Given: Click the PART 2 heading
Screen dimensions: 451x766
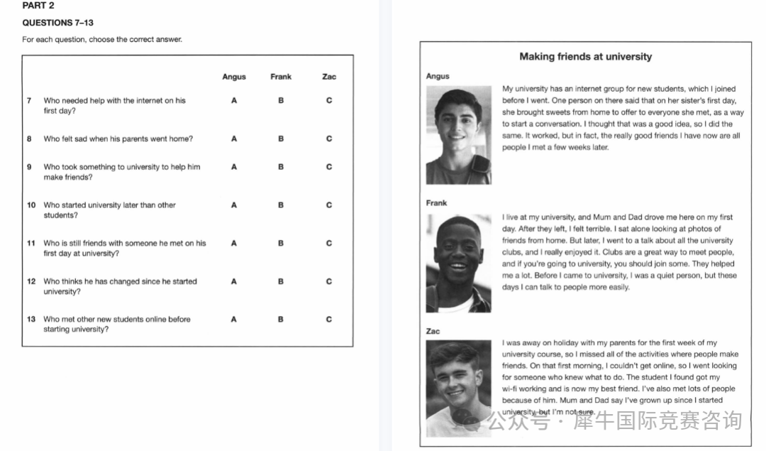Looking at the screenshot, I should [x=38, y=6].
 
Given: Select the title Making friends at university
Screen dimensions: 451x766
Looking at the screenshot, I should [x=585, y=57].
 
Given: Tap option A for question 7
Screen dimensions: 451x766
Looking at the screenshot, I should [x=234, y=101].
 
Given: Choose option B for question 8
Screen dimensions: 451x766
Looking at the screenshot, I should [x=281, y=139].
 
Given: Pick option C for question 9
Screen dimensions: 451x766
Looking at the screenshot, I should [x=329, y=167].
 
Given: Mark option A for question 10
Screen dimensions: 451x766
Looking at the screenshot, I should [x=234, y=205].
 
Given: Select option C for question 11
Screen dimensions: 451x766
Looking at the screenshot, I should [x=329, y=244].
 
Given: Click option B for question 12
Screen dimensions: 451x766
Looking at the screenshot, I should [x=281, y=281].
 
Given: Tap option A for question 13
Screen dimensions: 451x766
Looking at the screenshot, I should [x=234, y=320].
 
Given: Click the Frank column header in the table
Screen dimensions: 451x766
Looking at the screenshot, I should [x=281, y=77].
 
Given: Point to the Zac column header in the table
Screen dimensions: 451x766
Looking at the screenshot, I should [x=329, y=77].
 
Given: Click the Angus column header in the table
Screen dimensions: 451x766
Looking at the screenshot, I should [x=234, y=77].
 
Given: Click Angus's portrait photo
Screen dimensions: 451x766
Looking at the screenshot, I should [x=458, y=135].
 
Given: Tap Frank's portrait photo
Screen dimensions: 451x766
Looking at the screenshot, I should [x=458, y=263].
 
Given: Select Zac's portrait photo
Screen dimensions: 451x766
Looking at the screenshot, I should [x=458, y=388].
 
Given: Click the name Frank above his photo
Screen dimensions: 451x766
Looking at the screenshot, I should [x=437, y=203].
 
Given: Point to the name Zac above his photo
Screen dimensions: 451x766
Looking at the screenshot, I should [x=433, y=332].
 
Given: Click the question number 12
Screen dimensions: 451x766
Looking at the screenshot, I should [x=31, y=281].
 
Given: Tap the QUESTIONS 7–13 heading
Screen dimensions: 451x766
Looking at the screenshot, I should [x=58, y=23].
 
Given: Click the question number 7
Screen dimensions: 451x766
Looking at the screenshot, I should [x=29, y=101].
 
